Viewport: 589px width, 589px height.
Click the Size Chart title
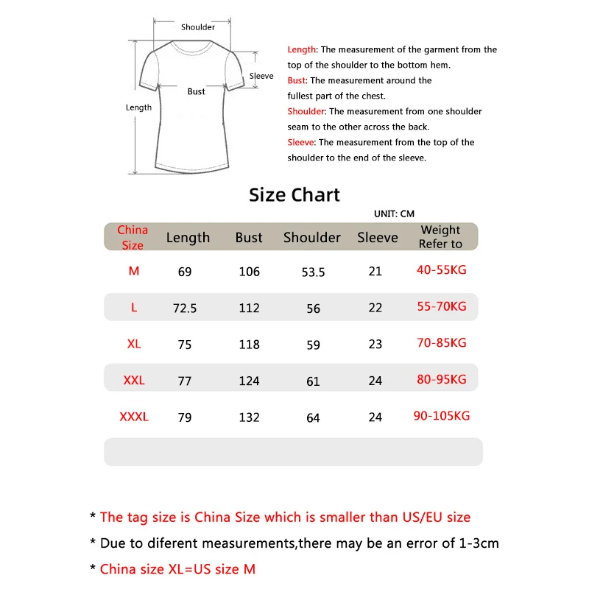(x=294, y=195)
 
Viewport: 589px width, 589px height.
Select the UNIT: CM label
(x=395, y=214)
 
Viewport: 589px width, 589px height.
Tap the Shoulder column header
(x=312, y=238)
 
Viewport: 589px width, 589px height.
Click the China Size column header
(x=133, y=237)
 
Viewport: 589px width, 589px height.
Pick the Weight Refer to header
(x=440, y=237)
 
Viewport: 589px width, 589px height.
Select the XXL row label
(x=134, y=381)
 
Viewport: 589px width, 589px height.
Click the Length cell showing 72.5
(x=185, y=308)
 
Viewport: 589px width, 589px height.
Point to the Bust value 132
(x=250, y=417)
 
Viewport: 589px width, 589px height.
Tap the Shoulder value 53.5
(x=313, y=272)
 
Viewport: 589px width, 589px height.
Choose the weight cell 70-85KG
(x=442, y=343)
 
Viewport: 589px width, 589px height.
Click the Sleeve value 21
(x=375, y=272)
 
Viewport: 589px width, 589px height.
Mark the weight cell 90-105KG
(x=442, y=416)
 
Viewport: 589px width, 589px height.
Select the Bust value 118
(x=250, y=345)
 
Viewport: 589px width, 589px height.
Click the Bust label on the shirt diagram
(x=197, y=91)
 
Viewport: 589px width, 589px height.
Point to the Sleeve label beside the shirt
(x=261, y=76)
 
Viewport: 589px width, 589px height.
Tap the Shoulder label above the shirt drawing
(x=198, y=27)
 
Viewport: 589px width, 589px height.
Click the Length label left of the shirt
(x=138, y=107)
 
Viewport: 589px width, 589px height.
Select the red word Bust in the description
(x=297, y=80)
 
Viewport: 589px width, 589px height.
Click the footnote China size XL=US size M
(x=177, y=569)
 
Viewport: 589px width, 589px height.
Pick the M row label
(x=134, y=271)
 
